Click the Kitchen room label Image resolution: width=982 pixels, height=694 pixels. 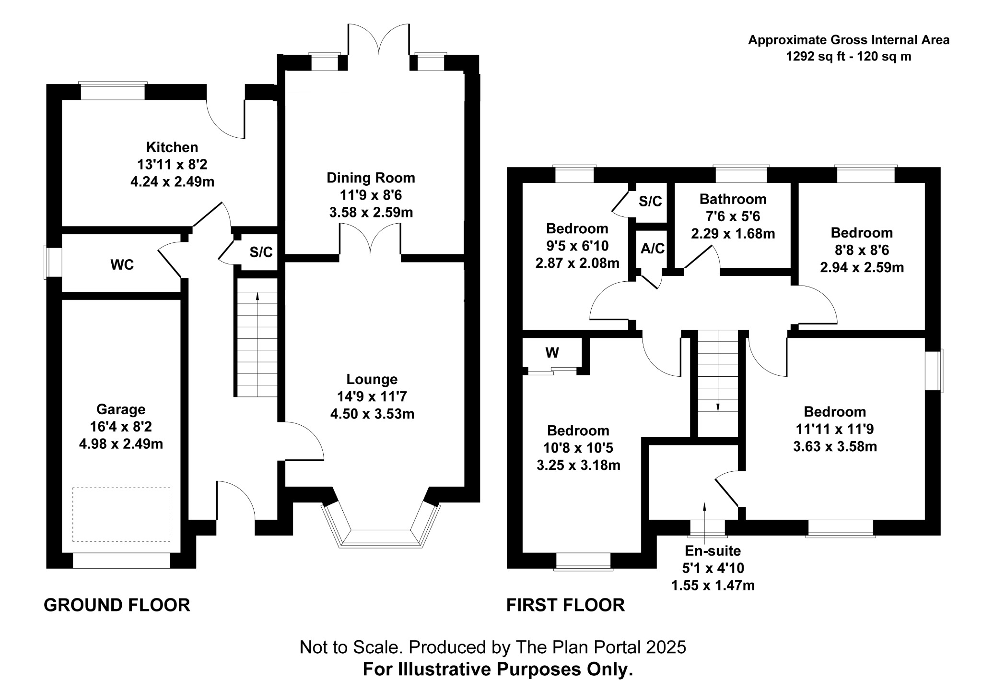click(x=172, y=147)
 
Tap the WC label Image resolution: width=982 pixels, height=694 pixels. click(x=122, y=265)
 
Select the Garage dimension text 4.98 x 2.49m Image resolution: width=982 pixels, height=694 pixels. click(x=121, y=444)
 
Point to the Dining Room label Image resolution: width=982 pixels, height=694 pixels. click(x=371, y=178)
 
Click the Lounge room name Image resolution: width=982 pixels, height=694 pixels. click(x=372, y=379)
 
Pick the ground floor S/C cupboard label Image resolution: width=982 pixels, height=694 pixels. click(x=261, y=252)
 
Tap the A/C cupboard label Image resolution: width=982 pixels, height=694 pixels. click(x=653, y=248)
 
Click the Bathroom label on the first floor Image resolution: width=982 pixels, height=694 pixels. click(x=733, y=199)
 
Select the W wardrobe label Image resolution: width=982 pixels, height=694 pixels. click(x=552, y=353)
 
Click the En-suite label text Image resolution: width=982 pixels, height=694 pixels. click(x=713, y=551)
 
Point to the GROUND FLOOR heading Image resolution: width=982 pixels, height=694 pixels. click(x=117, y=605)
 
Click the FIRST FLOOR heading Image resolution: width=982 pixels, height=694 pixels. click(x=566, y=605)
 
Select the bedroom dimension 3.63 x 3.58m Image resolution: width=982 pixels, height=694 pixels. click(x=835, y=447)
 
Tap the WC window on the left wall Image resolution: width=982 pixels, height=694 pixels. click(x=47, y=262)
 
